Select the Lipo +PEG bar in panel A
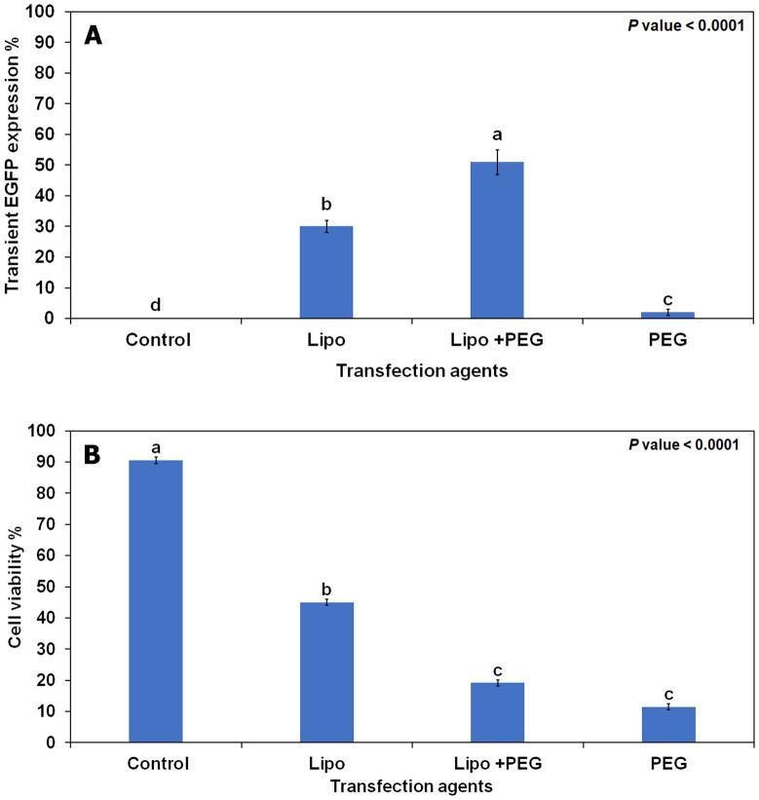click(x=497, y=240)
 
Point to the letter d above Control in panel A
click(x=155, y=305)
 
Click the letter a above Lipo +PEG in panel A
click(x=497, y=135)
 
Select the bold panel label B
click(x=95, y=455)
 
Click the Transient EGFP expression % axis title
click(x=14, y=166)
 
